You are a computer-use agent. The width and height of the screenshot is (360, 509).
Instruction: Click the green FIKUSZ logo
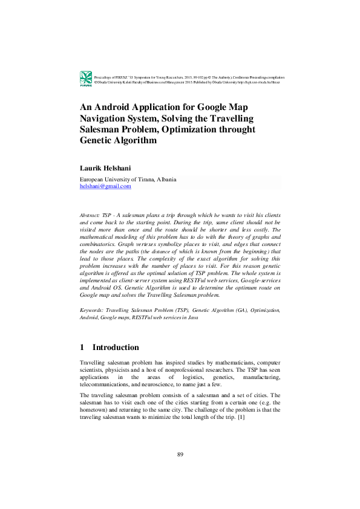85,77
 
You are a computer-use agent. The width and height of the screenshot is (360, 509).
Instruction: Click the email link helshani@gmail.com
105,187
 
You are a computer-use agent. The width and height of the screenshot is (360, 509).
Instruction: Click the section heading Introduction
116,348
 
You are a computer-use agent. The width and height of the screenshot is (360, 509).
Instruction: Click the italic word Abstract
90,215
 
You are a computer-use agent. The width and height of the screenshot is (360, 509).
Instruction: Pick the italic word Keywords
91,310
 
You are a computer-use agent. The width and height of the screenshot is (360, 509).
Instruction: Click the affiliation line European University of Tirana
128,180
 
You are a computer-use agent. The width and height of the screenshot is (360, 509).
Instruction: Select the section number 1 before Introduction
82,348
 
